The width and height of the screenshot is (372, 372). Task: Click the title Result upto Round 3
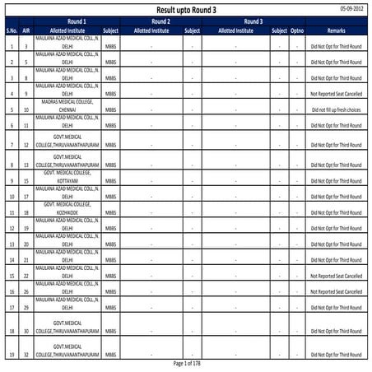click(186, 9)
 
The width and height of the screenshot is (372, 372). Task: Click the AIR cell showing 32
click(27, 355)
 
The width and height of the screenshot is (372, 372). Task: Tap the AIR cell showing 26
click(27, 291)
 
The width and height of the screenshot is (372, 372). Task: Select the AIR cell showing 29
click(27, 308)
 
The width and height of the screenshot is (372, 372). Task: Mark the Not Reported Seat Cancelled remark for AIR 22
click(336, 276)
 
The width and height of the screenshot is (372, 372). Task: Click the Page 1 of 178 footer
click(186, 363)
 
